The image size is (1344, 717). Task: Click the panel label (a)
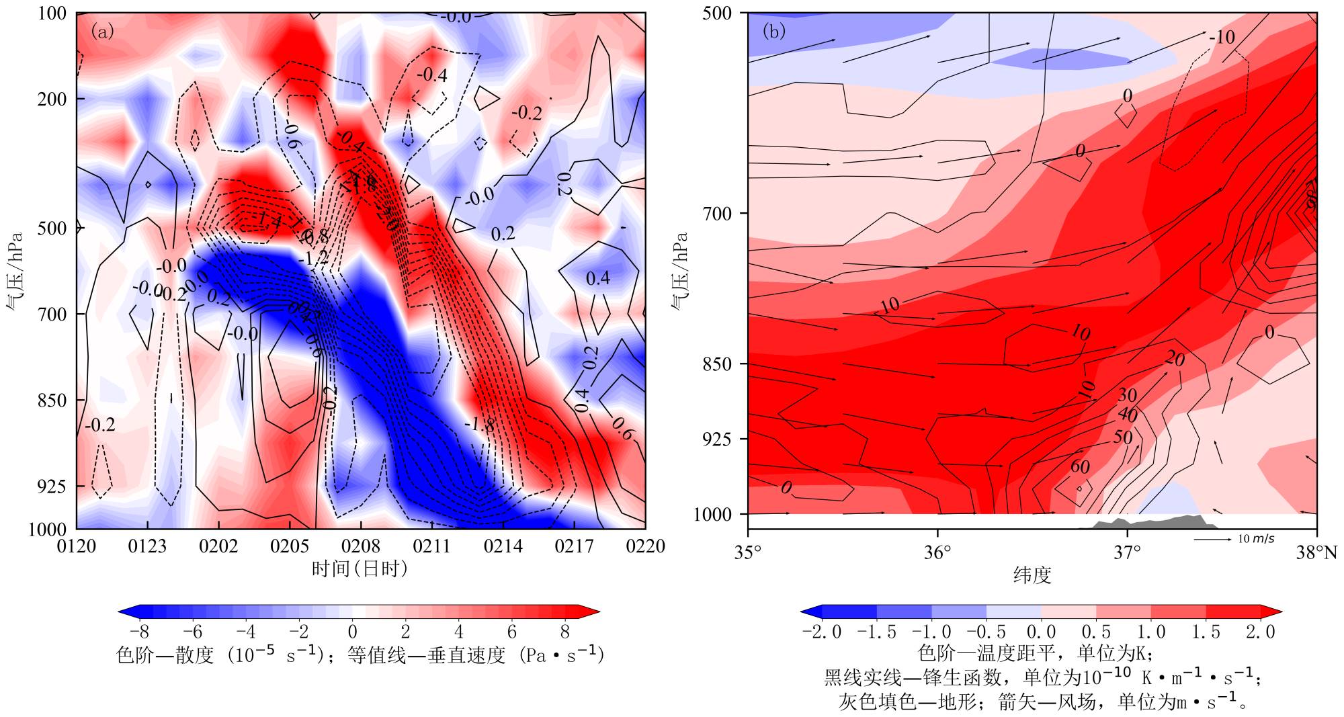(x=102, y=32)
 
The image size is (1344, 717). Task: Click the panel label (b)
(x=773, y=32)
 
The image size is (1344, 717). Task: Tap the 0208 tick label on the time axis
(x=361, y=546)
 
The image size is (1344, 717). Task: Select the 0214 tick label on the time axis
(x=503, y=546)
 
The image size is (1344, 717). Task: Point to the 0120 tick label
(x=77, y=546)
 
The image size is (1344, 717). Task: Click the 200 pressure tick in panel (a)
(x=52, y=99)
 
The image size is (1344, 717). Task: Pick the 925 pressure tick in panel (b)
(x=716, y=439)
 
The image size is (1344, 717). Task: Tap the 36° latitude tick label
(x=937, y=553)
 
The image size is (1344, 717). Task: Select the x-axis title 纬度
(x=1032, y=575)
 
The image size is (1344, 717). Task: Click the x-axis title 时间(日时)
(x=360, y=569)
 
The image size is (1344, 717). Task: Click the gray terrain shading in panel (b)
(x=1156, y=522)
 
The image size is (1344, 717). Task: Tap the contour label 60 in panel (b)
(x=1080, y=466)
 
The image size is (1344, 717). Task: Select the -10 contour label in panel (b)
(x=1221, y=37)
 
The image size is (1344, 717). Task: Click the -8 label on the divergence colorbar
(x=138, y=632)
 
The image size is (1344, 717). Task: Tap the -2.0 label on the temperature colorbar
(x=821, y=632)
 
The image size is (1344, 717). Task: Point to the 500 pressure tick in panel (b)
(x=716, y=13)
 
